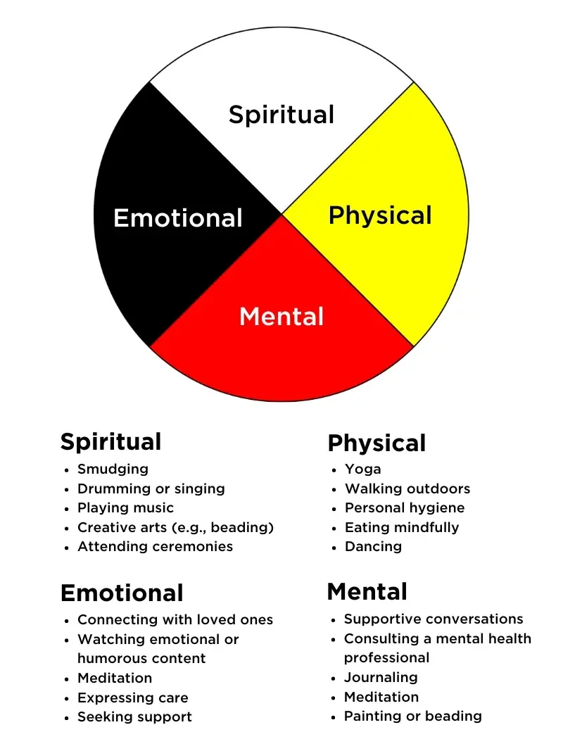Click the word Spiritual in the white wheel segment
coord(281,115)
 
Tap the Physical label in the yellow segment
coord(380,215)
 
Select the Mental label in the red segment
coord(281,317)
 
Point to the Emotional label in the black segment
coord(178,218)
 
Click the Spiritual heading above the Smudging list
coord(110,442)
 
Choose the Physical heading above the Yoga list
coord(377,443)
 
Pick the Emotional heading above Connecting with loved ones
coord(122,593)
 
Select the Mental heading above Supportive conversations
coord(367,591)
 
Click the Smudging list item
coord(113,469)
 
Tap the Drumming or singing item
coord(151,488)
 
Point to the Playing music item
coord(125,507)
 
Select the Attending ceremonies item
coord(155,546)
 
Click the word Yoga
coord(362,469)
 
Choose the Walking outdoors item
coord(407,488)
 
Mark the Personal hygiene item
coord(405,507)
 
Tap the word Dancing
coord(373,546)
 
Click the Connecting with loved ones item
coord(175,620)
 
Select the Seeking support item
coord(134,717)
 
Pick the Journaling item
coord(380,677)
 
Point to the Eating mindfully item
coord(401,527)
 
